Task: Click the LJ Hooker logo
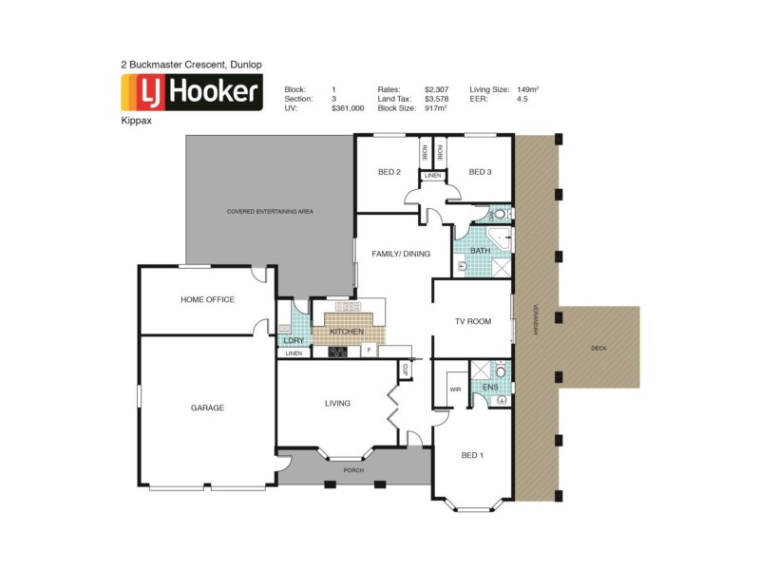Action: click(190, 93)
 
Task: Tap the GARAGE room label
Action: click(207, 408)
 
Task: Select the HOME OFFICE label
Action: click(207, 299)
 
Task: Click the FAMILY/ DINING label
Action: click(402, 254)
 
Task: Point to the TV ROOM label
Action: click(472, 321)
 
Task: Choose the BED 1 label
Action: click(472, 455)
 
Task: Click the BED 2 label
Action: click(389, 172)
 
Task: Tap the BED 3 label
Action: click(480, 172)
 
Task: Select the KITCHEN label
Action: click(347, 331)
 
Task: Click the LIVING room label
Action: click(337, 403)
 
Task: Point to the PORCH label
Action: click(352, 469)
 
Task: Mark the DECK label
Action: click(598, 349)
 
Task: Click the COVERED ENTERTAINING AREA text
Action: click(270, 211)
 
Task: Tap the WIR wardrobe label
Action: click(454, 389)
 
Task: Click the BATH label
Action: click(480, 251)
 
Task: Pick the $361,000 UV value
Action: click(348, 108)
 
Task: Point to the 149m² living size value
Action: click(526, 88)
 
